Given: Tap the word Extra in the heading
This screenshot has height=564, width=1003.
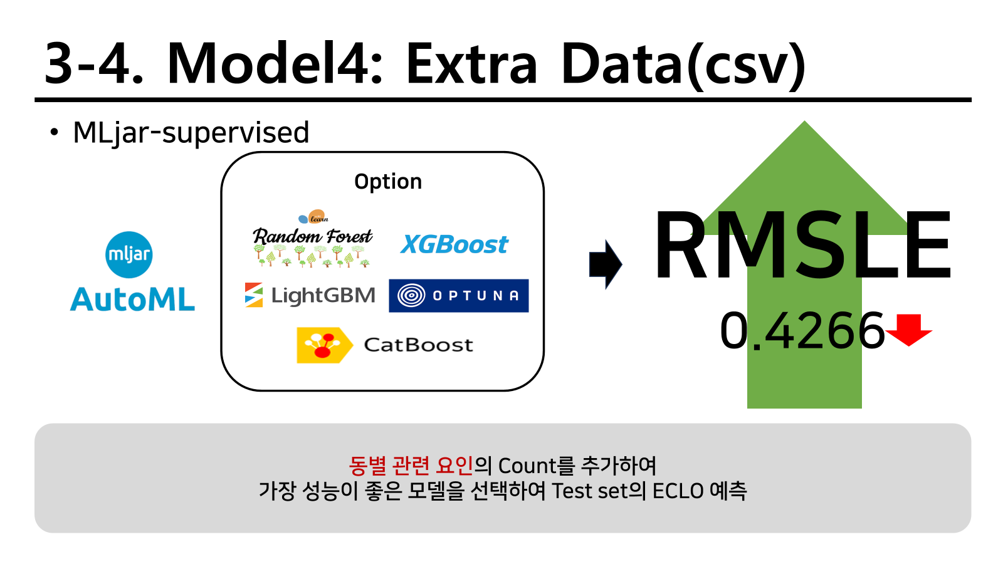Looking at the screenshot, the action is pos(471,63).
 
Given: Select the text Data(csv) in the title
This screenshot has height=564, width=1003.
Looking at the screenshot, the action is pos(683,65).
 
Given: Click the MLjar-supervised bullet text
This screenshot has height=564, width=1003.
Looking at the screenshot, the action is pos(191,133).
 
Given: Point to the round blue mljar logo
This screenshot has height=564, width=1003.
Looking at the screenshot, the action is pos(129,254).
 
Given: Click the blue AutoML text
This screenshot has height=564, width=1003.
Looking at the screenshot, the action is pos(132,299).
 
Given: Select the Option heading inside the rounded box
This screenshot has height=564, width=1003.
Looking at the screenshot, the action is pos(388,182).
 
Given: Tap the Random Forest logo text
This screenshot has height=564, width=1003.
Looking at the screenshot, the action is pos(312,236).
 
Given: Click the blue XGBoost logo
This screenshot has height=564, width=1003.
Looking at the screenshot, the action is pos(454,244).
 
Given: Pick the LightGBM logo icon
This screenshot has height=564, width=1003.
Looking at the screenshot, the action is pos(253,295).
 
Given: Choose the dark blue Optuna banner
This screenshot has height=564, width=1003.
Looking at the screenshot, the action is pos(458,296).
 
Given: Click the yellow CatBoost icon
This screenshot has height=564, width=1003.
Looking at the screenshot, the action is pos(324,345).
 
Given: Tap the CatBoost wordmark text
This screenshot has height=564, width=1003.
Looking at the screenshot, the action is pos(418,345).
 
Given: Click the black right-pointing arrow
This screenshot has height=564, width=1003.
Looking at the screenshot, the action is pos(606,264).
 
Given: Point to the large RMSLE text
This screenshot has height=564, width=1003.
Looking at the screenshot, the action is pos(802,245).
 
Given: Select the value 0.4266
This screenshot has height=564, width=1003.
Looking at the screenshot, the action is pos(802,332).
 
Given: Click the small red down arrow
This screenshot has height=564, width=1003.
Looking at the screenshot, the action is pos(908,330).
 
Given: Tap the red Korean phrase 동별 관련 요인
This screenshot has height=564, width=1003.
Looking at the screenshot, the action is pos(411,466).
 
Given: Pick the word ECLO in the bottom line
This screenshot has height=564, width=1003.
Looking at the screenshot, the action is pos(678,491).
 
